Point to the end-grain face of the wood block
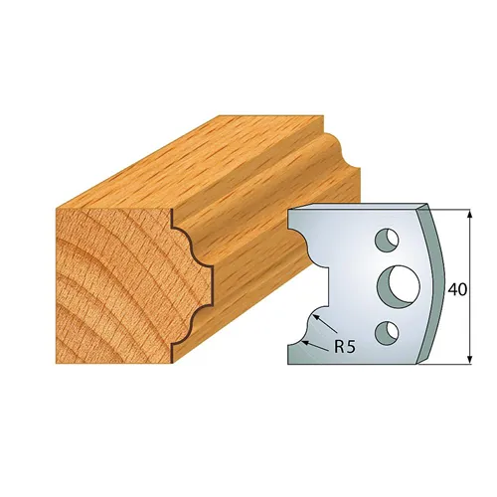click(x=104, y=263)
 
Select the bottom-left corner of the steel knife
click(x=289, y=362)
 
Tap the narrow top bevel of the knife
click(x=358, y=208)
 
